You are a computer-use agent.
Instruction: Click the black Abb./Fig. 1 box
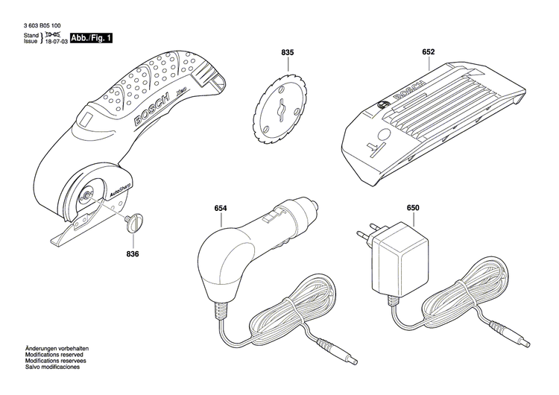click(x=92, y=37)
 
